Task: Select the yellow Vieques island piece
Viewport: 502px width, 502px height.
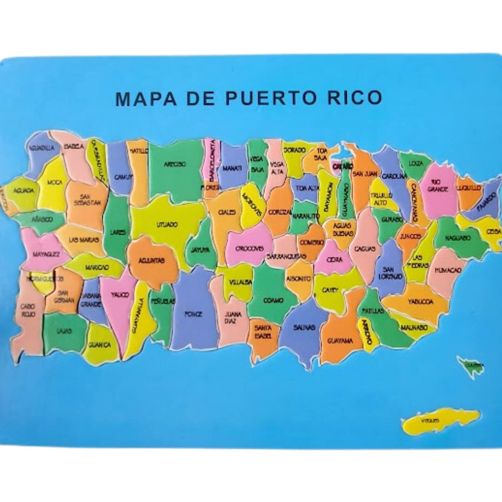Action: click(439, 420)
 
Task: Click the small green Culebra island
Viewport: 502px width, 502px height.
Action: click(469, 365)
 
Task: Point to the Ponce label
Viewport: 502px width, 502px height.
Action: click(193, 314)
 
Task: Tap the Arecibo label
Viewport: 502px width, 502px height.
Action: click(175, 164)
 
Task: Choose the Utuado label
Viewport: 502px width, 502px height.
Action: click(167, 225)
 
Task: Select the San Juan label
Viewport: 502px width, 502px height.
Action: click(365, 173)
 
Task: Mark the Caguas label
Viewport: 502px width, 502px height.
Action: click(364, 249)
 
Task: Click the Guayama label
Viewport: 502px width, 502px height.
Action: click(340, 341)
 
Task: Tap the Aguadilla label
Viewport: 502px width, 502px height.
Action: click(41, 148)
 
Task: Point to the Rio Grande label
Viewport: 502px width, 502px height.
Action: click(439, 186)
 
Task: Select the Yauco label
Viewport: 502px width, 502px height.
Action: click(120, 295)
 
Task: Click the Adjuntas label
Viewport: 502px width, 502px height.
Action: click(152, 261)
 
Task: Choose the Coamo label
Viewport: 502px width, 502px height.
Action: click(273, 300)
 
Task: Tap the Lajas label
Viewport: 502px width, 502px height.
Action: click(64, 331)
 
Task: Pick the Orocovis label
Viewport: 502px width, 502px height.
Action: click(249, 248)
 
